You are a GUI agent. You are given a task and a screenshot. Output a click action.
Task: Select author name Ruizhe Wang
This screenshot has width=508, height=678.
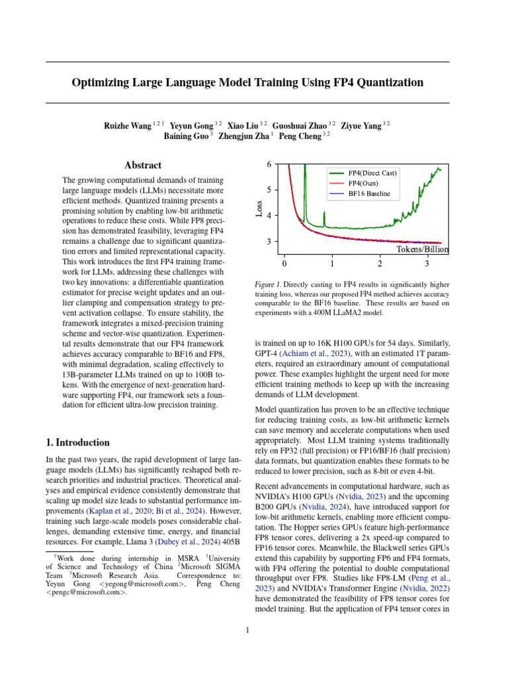[127, 124]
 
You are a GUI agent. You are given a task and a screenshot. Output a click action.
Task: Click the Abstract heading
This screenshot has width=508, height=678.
[143, 165]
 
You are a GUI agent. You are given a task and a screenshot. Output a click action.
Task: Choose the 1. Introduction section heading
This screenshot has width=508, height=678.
[77, 442]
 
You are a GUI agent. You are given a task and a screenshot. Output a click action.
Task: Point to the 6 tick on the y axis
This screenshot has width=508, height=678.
[269, 164]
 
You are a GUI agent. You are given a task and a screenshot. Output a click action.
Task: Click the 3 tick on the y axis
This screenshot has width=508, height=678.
[269, 242]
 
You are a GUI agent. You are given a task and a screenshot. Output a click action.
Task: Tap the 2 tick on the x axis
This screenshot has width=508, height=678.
[380, 264]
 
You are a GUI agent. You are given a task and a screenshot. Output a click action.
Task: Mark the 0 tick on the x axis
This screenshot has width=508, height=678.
[284, 264]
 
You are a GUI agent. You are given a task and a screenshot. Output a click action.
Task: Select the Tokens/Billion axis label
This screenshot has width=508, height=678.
[423, 250]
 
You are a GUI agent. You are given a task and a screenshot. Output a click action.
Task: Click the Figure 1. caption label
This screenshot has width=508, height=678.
[269, 284]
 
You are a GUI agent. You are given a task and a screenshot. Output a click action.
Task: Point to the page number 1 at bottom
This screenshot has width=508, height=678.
[247, 630]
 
